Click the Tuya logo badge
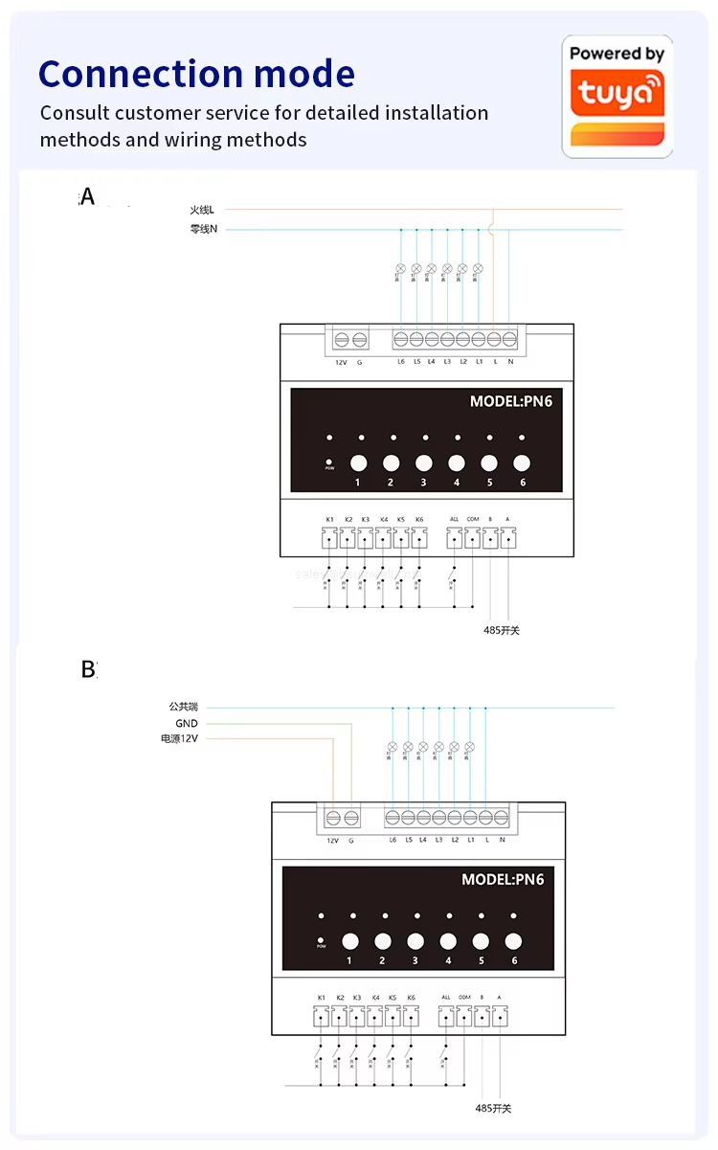[617, 96]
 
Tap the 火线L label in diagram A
[202, 210]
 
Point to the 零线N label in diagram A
[203, 230]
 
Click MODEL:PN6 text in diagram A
[510, 401]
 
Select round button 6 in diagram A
[522, 462]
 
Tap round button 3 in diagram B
[415, 940]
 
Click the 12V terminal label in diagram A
[340, 362]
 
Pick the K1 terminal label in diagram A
[329, 520]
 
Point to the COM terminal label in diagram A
[472, 520]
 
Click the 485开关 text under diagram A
[502, 630]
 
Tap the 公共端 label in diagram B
[183, 708]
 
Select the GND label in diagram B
[186, 724]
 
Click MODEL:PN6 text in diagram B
[503, 879]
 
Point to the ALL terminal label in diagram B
[446, 998]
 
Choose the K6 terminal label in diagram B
[411, 998]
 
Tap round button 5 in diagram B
[481, 940]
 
